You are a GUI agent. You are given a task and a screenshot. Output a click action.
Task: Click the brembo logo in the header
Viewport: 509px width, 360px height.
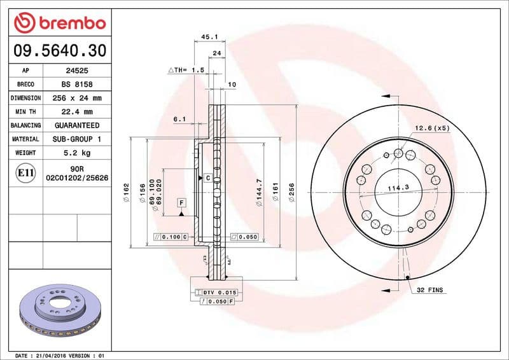(x=59, y=24)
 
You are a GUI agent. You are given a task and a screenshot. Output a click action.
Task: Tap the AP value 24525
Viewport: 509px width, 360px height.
(x=79, y=71)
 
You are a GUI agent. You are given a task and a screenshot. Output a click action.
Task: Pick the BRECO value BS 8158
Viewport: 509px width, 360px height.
(x=79, y=85)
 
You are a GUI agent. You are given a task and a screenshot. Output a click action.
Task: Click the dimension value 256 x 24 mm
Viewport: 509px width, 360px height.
(x=79, y=99)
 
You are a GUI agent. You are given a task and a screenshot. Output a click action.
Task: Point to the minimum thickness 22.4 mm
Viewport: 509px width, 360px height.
(x=79, y=112)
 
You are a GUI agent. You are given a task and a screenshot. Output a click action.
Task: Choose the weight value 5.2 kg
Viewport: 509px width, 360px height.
(x=79, y=153)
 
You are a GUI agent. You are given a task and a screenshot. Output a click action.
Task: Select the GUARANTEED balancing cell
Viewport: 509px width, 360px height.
(x=79, y=126)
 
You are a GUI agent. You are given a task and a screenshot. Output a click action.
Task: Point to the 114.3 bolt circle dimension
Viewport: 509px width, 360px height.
(x=398, y=187)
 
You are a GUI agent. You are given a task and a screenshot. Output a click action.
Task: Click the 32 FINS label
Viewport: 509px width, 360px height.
(x=430, y=290)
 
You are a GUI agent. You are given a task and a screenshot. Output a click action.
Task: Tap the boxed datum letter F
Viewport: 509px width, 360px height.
(x=181, y=203)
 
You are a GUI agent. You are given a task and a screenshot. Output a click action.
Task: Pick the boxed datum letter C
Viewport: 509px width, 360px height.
(x=208, y=178)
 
